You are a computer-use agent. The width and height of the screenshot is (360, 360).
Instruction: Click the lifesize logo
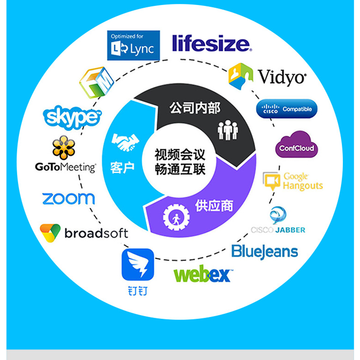point(211,43)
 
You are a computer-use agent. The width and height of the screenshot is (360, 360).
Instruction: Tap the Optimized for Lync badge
point(133,45)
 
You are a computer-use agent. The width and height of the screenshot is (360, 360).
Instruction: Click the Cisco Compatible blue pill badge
point(287,108)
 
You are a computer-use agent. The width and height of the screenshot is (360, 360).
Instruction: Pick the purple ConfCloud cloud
point(296,145)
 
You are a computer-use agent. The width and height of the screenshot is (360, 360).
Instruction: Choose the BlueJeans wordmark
point(265,251)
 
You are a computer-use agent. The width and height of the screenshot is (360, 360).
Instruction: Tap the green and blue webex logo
point(203,274)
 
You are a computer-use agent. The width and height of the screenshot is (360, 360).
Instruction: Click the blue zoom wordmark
point(68,198)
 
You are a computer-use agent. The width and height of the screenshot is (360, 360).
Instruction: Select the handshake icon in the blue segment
point(125,142)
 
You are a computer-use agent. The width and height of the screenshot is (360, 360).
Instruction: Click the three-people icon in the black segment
point(228,130)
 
